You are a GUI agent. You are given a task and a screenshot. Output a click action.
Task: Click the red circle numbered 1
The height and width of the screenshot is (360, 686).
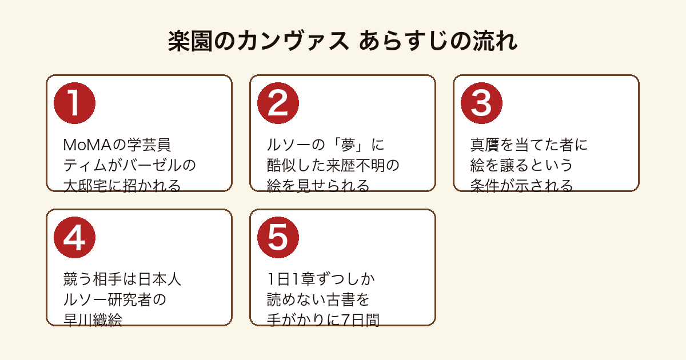point(74,103)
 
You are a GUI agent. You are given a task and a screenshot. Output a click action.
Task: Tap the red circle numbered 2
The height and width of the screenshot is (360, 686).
point(278,103)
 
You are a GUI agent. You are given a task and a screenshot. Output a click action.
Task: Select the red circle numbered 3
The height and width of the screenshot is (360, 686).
point(481,103)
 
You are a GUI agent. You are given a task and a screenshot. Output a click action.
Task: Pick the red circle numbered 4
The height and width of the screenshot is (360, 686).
point(74,238)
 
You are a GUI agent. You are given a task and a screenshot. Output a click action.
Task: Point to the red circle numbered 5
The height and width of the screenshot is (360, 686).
point(278,238)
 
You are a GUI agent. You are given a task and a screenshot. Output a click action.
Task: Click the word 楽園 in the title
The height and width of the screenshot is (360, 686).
point(190,41)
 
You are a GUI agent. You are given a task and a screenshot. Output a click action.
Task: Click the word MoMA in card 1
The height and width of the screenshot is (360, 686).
point(87,145)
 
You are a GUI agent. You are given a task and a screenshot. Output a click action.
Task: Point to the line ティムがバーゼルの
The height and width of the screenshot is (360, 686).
point(130,165)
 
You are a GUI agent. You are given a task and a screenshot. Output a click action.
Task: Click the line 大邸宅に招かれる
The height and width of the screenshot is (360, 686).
point(122,186)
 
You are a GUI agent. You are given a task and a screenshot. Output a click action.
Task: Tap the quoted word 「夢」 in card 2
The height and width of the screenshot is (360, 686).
point(349,145)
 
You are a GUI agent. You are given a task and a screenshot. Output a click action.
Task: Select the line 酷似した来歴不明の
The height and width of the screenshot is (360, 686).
point(333,165)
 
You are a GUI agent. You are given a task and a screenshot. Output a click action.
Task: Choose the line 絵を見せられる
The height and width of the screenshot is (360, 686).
point(318,186)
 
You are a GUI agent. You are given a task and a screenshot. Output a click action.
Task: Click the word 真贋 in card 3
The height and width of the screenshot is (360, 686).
point(485,145)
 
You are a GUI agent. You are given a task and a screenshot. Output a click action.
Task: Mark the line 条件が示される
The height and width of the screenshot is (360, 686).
point(521,186)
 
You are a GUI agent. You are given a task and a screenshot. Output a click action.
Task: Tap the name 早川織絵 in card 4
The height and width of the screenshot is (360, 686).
point(93,320)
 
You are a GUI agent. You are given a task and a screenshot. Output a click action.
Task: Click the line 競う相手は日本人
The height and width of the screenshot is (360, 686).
point(122,279)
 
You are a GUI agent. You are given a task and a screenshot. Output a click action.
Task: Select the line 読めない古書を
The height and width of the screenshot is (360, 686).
point(318,299)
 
